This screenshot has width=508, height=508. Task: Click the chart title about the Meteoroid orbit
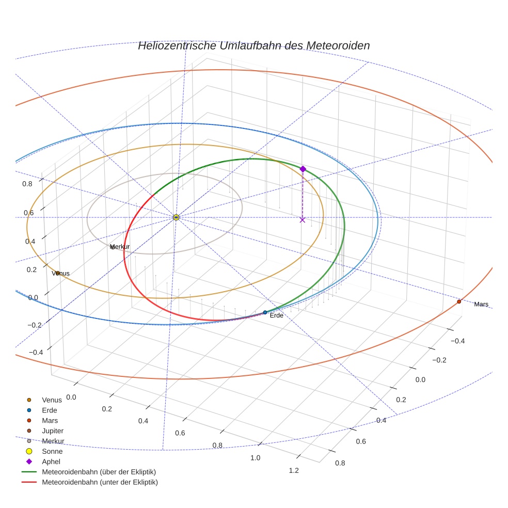tap(253, 45)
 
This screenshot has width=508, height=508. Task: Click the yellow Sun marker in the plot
tap(176, 217)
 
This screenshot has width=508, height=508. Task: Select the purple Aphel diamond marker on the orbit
tap(303, 169)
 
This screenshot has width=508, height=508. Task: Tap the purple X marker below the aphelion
tap(303, 220)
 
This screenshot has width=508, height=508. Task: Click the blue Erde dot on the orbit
tap(265, 312)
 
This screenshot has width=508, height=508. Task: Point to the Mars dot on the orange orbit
tap(459, 301)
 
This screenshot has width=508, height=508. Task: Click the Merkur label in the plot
tap(120, 247)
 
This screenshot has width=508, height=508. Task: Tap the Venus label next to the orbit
tap(61, 273)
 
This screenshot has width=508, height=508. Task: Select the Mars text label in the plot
tap(481, 304)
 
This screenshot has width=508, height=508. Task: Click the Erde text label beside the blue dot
tap(277, 315)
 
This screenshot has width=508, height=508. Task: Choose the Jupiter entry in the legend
tap(53, 431)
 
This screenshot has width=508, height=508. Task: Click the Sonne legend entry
tap(52, 451)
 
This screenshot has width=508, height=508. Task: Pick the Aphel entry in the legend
tap(51, 462)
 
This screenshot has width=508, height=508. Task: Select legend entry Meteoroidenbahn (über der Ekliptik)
tap(99, 472)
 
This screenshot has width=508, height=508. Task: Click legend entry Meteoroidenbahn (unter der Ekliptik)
tap(100, 482)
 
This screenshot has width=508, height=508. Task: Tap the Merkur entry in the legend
tap(53, 441)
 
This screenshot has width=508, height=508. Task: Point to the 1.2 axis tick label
tap(294, 470)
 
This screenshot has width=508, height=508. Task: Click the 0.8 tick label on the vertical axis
tap(27, 183)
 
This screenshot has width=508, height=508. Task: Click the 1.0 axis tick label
tap(255, 458)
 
